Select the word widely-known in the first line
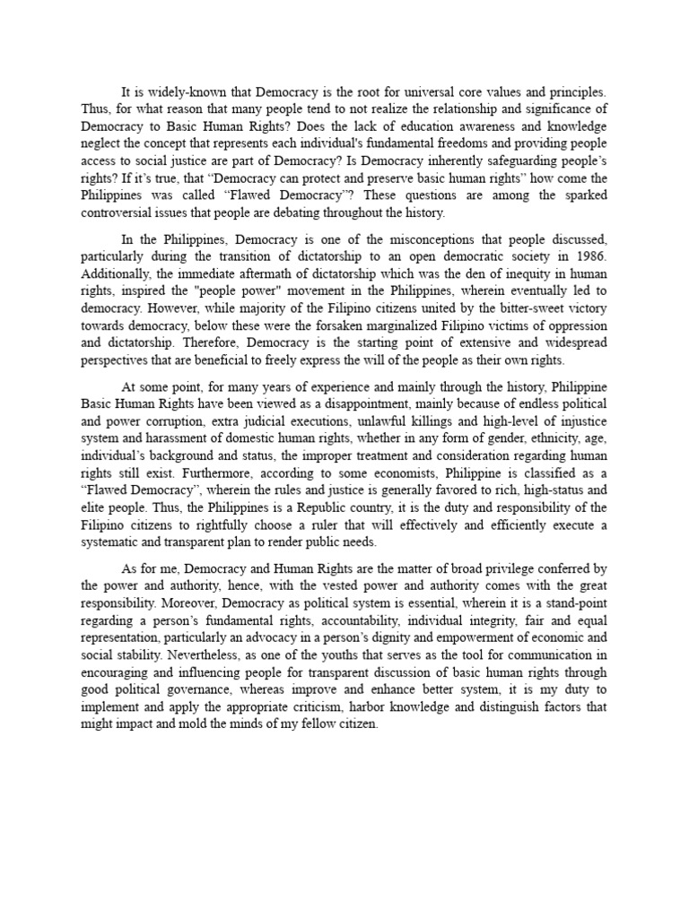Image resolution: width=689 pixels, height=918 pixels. click(x=186, y=91)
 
